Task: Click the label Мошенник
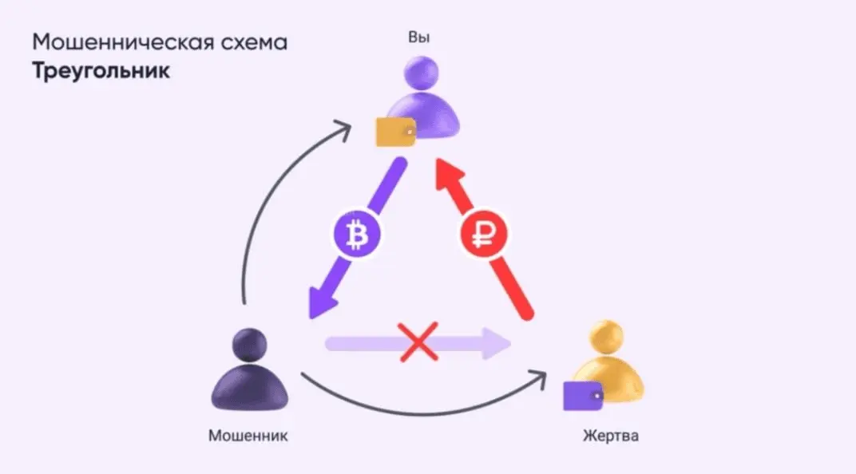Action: click(x=248, y=436)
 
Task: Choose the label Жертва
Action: click(x=611, y=436)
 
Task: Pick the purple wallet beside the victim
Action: click(x=583, y=394)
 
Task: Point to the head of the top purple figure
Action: click(x=422, y=73)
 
